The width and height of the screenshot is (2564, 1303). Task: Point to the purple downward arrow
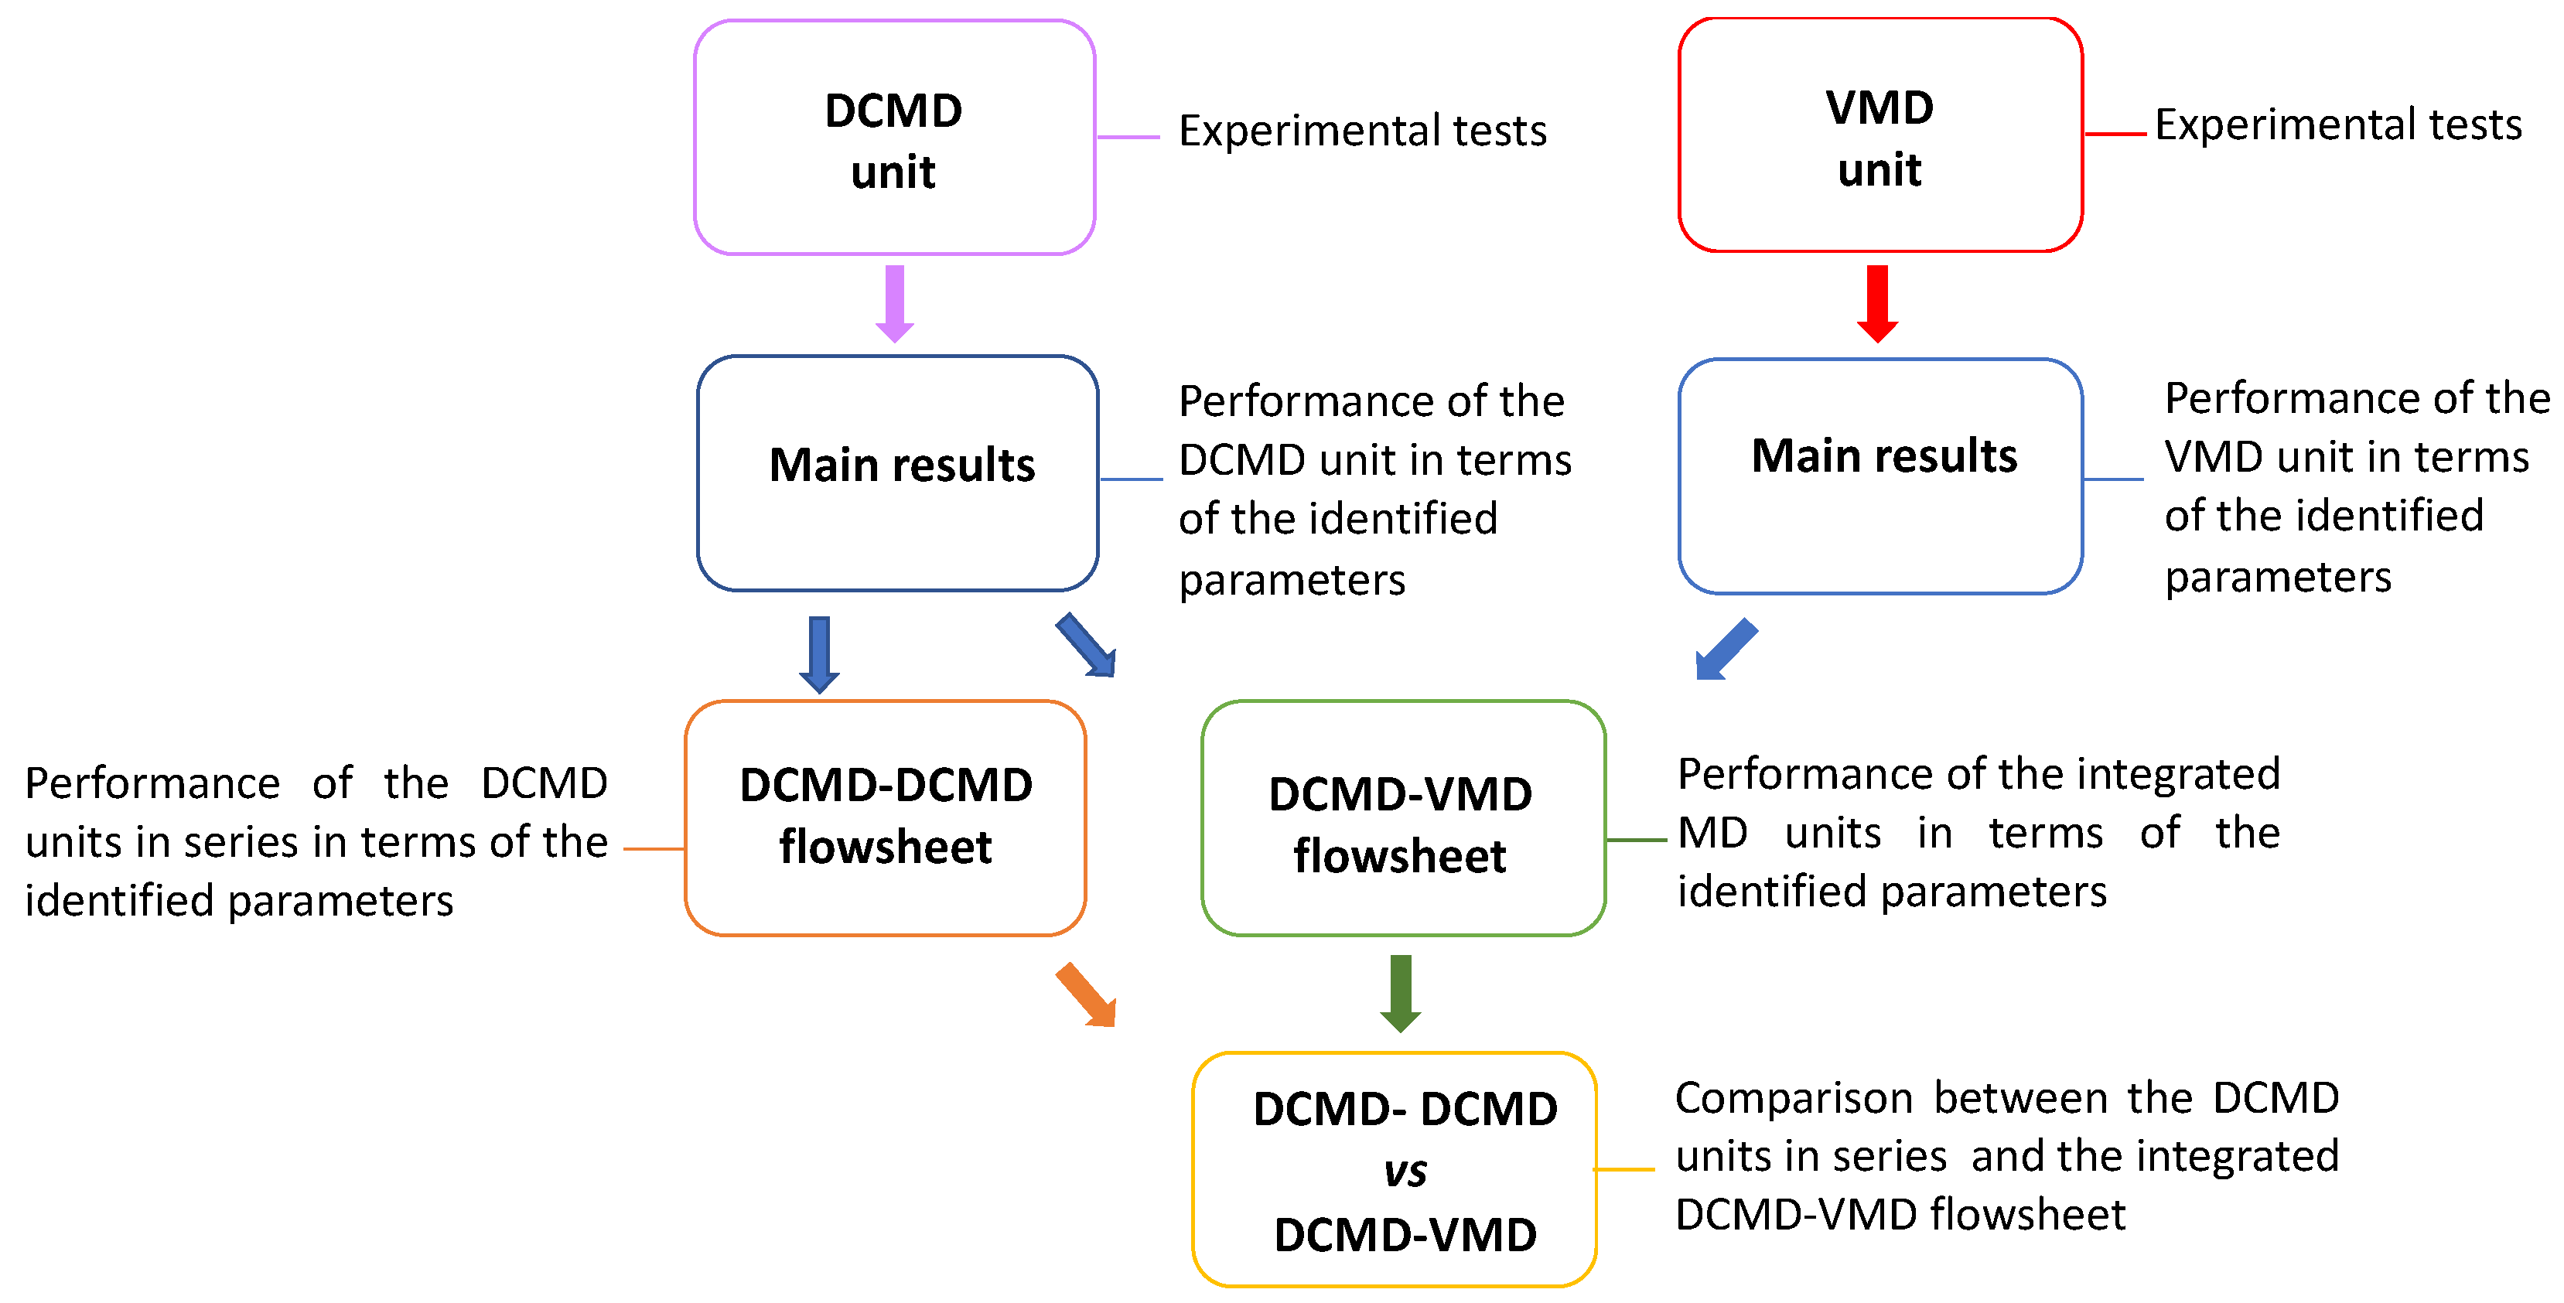click(895, 304)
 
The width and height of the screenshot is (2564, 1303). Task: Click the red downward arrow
click(1878, 304)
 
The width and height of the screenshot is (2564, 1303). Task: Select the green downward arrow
click(1401, 994)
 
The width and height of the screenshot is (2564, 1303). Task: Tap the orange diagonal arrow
click(1086, 994)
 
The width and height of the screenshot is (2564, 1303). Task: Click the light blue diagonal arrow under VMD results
click(1727, 649)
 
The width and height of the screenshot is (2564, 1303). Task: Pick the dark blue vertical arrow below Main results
click(819, 655)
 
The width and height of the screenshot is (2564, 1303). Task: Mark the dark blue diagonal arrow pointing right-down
click(1086, 645)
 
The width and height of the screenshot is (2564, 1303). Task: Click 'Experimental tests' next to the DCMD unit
click(1363, 131)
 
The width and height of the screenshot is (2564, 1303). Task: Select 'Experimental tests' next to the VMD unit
click(2338, 125)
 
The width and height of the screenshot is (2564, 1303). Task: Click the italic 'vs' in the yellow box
click(1405, 1172)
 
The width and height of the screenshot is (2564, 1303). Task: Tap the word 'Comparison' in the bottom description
click(1794, 1098)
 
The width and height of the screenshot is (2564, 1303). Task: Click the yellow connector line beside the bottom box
click(1624, 1170)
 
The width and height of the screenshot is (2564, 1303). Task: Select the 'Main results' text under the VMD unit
click(1884, 456)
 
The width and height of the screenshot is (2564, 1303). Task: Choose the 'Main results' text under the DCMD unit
click(902, 465)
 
